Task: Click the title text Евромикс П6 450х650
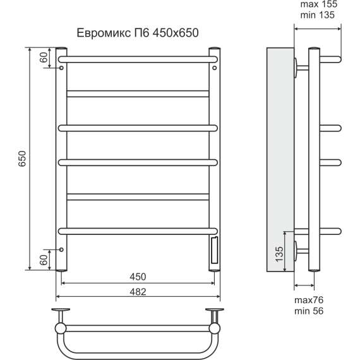138,33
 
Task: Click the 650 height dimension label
23,159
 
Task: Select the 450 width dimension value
138,277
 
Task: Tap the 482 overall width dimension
138,292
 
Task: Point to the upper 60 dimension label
44,57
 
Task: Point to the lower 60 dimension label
44,260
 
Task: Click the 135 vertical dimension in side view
279,254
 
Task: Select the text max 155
319,4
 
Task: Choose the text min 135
318,15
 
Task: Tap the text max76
309,300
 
